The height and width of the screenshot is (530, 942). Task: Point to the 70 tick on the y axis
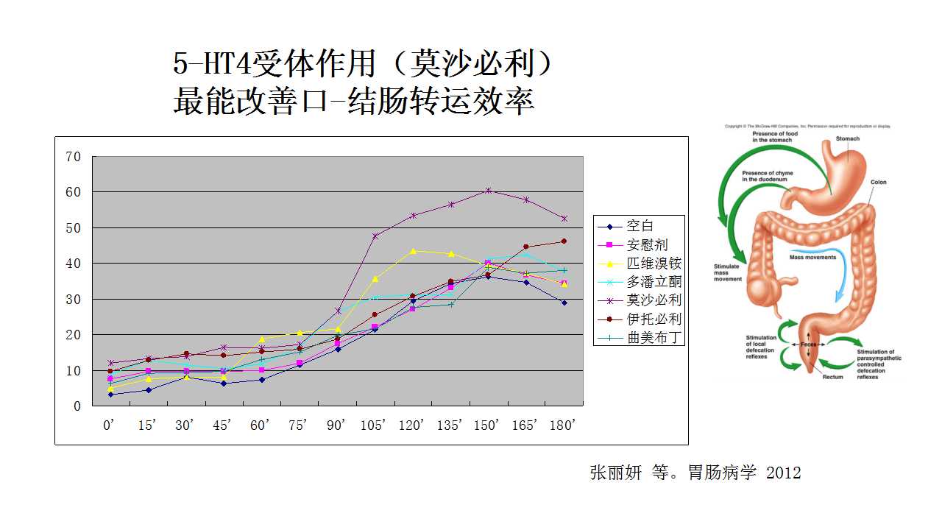pyautogui.click(x=73, y=156)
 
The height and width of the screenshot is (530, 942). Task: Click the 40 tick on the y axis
pyautogui.click(x=73, y=264)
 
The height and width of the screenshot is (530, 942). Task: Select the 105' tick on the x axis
pyautogui.click(x=375, y=425)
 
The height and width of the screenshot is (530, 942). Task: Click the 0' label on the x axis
pyautogui.click(x=110, y=425)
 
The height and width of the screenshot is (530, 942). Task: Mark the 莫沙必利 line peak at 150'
pyautogui.click(x=488, y=191)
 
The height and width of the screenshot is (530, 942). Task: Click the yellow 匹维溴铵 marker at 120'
pyautogui.click(x=413, y=251)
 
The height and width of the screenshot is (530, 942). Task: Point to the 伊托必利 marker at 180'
pyautogui.click(x=564, y=241)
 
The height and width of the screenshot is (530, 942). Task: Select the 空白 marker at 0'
pyautogui.click(x=110, y=395)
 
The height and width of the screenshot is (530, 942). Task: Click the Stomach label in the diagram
pyautogui.click(x=847, y=138)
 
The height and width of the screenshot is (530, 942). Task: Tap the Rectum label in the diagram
pyautogui.click(x=832, y=377)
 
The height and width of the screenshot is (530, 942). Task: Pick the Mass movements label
pyautogui.click(x=812, y=258)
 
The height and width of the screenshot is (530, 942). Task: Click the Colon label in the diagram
pyautogui.click(x=879, y=182)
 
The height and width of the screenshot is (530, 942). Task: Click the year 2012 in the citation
pyautogui.click(x=783, y=473)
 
